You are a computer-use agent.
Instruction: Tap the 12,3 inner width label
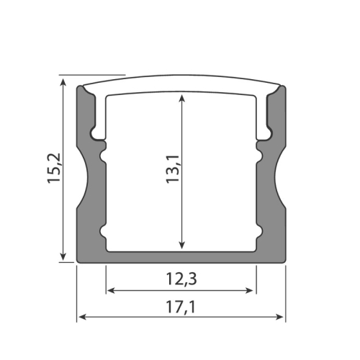point(181,277)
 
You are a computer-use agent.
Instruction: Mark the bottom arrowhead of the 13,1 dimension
point(182,246)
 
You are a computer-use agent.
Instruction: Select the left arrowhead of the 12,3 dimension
point(110,291)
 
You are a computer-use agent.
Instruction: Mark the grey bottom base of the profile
point(181,258)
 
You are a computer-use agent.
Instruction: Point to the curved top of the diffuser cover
point(181,78)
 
